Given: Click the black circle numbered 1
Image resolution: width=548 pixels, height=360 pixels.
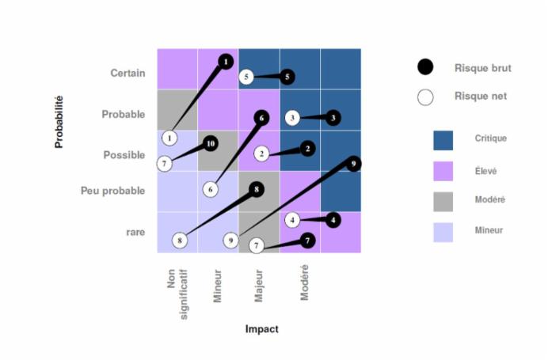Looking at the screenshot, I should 226,61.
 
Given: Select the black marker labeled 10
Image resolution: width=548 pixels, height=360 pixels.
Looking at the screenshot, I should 210,144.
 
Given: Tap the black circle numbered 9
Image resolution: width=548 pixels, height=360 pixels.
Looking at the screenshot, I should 353,164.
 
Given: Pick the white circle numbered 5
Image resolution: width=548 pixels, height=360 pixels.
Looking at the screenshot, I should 247,77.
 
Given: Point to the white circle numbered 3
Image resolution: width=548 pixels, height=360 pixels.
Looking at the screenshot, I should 292,118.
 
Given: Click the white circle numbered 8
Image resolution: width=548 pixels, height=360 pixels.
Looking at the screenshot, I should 181,240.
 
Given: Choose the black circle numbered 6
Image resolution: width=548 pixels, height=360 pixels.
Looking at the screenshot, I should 261,117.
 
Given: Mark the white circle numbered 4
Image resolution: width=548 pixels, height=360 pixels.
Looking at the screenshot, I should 292,220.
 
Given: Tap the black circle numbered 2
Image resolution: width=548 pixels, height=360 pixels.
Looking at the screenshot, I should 308,148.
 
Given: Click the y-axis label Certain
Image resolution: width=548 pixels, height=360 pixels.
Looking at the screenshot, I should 127,74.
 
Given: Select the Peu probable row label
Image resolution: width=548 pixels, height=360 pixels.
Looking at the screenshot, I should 112,191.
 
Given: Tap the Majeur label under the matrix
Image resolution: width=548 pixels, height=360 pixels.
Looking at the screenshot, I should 259,284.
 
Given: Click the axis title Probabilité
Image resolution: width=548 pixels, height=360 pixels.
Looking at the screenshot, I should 59,122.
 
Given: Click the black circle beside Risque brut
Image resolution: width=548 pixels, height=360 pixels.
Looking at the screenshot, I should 425,68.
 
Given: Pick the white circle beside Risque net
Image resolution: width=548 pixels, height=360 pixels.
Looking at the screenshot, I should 425,97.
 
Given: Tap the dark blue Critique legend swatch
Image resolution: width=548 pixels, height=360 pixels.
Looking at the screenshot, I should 443,140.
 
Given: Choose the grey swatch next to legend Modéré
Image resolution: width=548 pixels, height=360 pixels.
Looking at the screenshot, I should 443,200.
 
